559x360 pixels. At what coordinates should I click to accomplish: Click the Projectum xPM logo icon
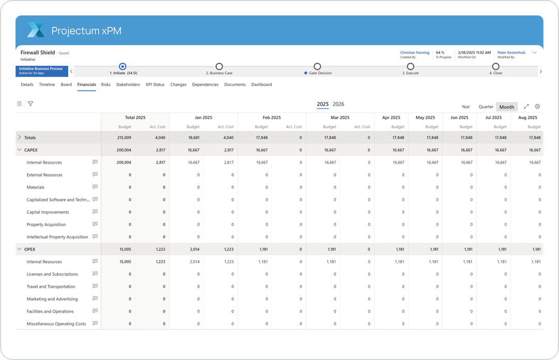(36, 30)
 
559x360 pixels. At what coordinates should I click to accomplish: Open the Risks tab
(106, 84)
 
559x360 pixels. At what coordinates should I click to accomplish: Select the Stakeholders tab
(128, 84)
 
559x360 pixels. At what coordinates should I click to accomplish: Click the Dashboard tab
(261, 84)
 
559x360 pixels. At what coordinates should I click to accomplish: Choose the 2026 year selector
(338, 104)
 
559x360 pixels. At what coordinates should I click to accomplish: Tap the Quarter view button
(486, 107)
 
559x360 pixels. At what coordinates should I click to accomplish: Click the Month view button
(507, 107)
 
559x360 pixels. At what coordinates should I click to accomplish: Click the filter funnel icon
(31, 104)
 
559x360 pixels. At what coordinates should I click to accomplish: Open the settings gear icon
(537, 107)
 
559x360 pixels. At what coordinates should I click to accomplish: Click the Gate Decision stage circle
(317, 67)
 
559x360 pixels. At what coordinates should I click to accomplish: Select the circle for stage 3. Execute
(410, 67)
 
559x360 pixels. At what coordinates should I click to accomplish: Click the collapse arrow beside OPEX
(20, 249)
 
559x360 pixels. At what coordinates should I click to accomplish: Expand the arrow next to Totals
(20, 138)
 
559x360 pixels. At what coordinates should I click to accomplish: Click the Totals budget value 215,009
(124, 138)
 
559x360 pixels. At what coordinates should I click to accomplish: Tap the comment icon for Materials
(95, 187)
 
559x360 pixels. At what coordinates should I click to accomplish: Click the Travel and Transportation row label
(51, 287)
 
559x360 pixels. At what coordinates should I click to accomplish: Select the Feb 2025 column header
(272, 117)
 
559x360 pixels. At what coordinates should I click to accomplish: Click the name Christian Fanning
(415, 53)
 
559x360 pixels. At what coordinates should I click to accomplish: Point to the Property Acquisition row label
(46, 224)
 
